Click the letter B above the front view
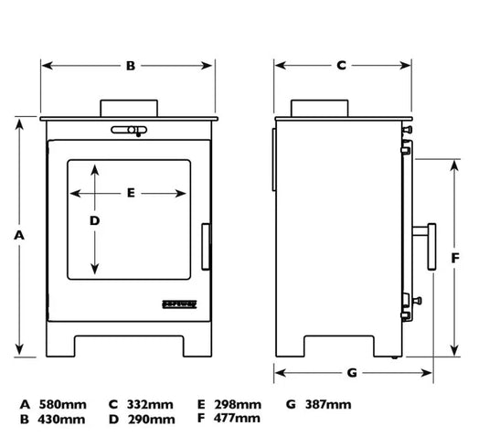point(131,66)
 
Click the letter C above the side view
point(341,66)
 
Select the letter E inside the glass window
point(131,193)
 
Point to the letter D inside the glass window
point(94,221)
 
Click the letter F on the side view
point(455,257)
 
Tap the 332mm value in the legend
point(150,404)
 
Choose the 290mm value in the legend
point(151,420)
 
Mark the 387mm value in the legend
point(328,404)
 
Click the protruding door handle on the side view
point(431,244)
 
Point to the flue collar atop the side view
point(320,107)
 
